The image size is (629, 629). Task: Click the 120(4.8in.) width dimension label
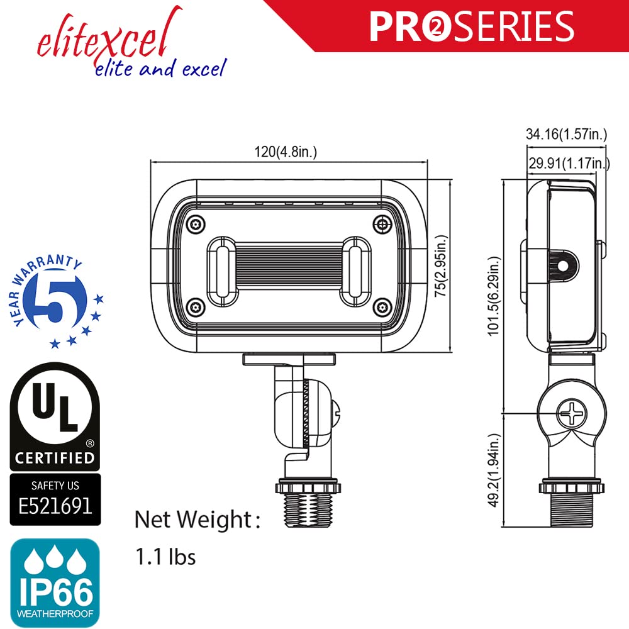pyautogui.click(x=286, y=152)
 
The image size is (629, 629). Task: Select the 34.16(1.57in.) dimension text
pyautogui.click(x=566, y=133)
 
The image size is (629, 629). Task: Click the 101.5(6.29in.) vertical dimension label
pyautogui.click(x=496, y=297)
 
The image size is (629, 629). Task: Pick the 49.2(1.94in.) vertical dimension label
pyautogui.click(x=496, y=470)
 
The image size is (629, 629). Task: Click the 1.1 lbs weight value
pyautogui.click(x=165, y=557)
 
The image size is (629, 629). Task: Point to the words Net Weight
pyautogui.click(x=193, y=520)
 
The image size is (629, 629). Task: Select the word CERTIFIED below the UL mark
pyautogui.click(x=55, y=458)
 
